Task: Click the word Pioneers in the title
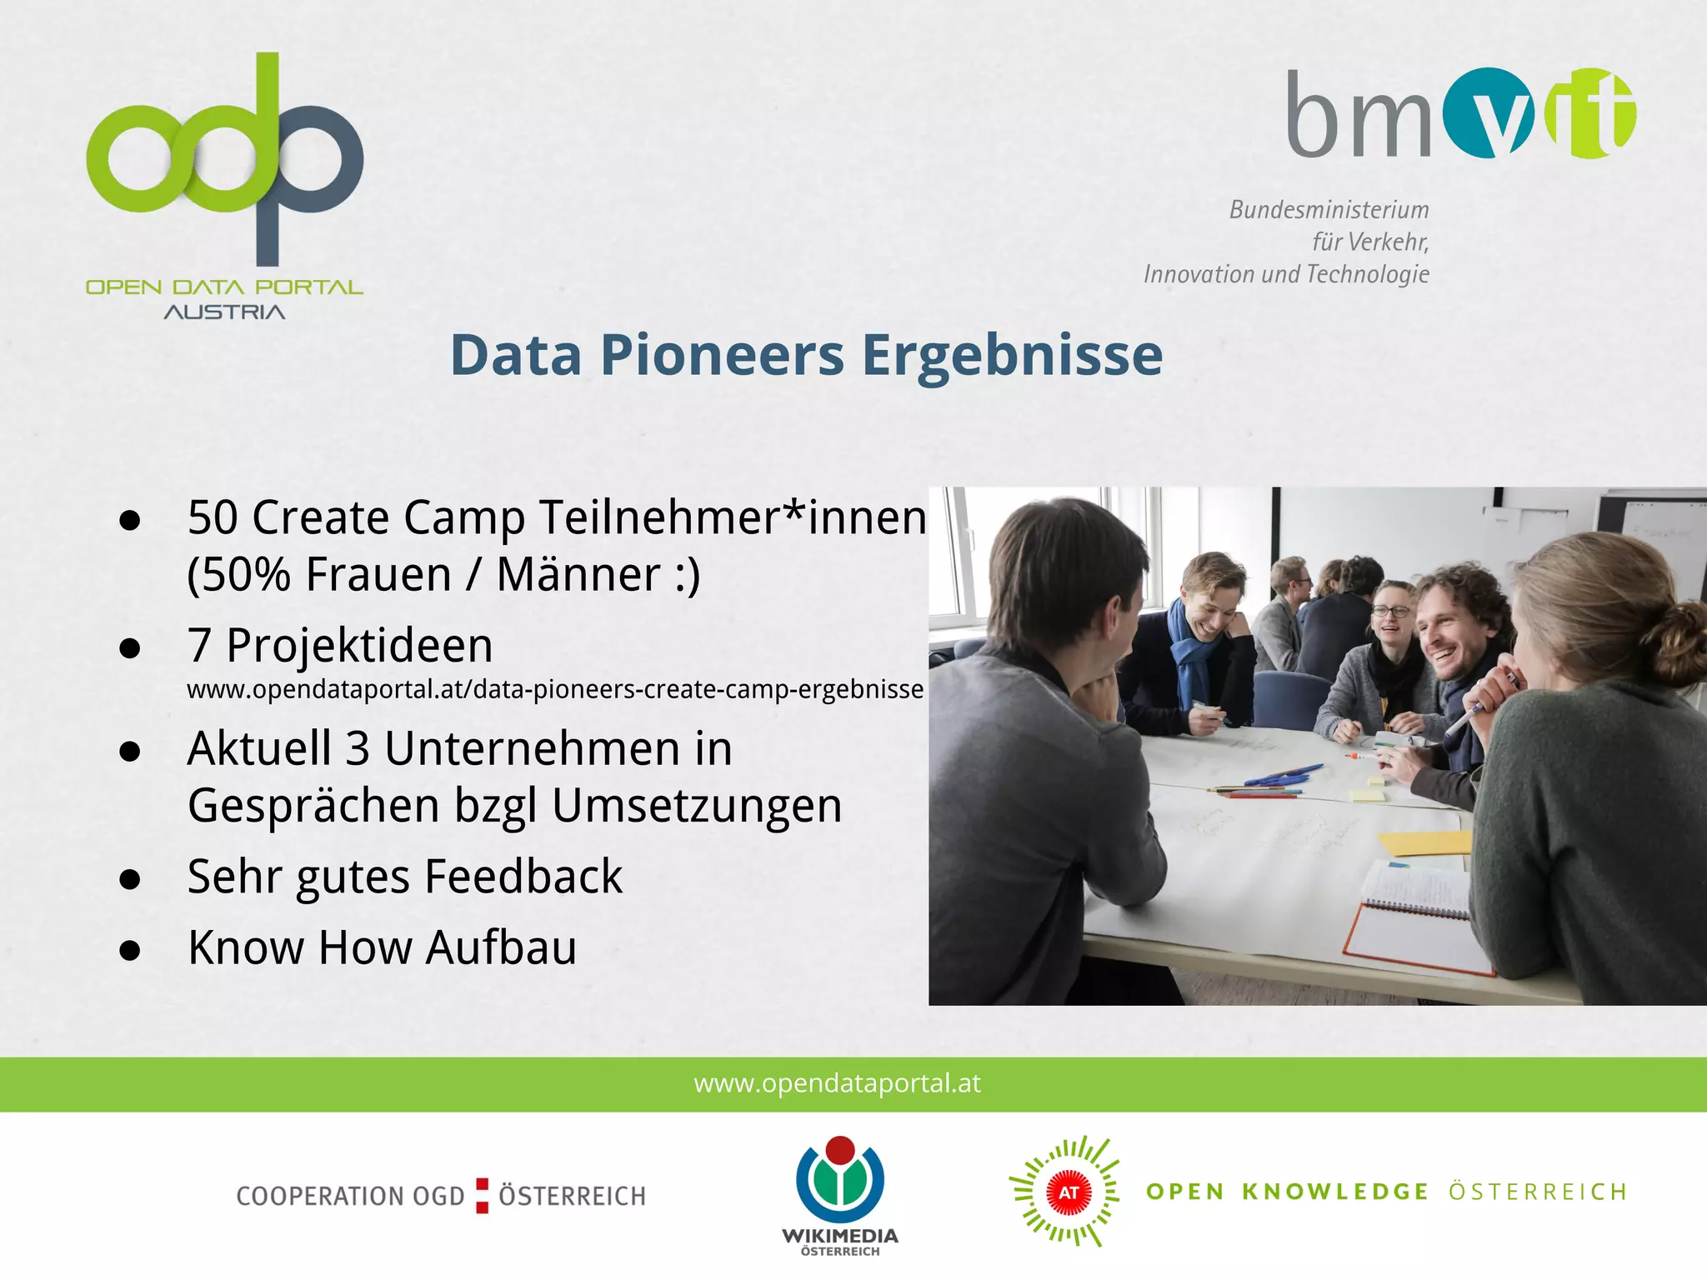coord(722,356)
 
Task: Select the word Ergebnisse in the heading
coord(1011,356)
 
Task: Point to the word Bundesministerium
coord(1329,210)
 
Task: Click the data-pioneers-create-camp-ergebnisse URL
coord(555,690)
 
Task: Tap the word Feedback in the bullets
coord(523,877)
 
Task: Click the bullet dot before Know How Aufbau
coord(129,950)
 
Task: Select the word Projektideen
coord(359,646)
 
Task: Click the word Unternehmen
coord(532,748)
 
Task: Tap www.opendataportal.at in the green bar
coord(837,1083)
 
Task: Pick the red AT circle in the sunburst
coord(1069,1192)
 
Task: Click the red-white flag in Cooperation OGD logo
coord(482,1195)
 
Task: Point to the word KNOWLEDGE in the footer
coord(1334,1192)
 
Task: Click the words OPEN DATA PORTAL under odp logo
coord(224,287)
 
